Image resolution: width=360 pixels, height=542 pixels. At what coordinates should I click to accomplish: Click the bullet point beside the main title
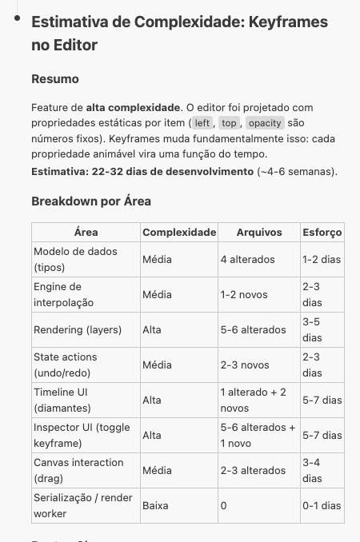(x=16, y=17)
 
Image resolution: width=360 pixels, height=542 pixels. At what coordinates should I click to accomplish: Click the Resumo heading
(x=55, y=79)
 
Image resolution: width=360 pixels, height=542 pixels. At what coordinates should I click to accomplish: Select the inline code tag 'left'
(x=202, y=123)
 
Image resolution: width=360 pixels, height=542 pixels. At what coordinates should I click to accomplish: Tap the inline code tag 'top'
(x=230, y=123)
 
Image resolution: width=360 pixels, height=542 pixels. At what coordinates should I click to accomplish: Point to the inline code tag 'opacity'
(x=265, y=123)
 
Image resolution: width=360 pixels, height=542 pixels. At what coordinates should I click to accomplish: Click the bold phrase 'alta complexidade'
(x=133, y=107)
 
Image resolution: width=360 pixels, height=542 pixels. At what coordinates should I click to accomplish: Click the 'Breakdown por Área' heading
(x=91, y=201)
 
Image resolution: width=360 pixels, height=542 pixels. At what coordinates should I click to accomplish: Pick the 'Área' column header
(x=86, y=232)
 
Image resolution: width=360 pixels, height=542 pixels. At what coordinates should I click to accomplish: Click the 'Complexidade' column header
(x=179, y=232)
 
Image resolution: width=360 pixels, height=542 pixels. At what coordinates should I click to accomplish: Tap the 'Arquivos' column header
(x=259, y=232)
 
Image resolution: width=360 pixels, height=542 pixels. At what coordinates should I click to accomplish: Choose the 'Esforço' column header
(x=322, y=232)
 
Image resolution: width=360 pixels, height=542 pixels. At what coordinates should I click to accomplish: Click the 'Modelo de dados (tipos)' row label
(x=75, y=259)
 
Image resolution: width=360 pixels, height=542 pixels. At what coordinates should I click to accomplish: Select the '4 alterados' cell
(x=247, y=259)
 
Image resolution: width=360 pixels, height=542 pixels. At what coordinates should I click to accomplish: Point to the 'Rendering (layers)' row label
(x=82, y=329)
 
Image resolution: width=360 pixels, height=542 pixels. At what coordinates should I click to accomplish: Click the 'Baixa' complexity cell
(x=155, y=505)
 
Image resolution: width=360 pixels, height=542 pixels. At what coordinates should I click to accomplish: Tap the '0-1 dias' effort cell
(x=322, y=505)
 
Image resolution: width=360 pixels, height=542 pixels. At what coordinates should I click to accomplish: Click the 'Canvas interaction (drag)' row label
(x=78, y=470)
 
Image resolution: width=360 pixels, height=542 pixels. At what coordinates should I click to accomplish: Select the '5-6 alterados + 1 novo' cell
(x=258, y=435)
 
